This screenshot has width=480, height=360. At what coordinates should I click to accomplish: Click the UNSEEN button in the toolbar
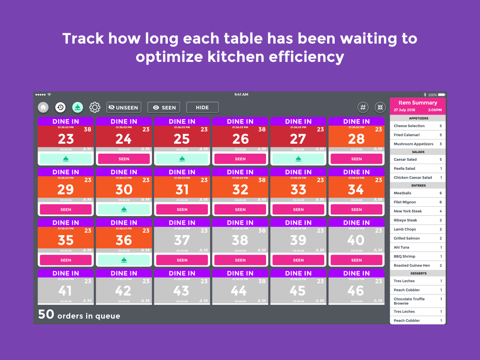click(124, 107)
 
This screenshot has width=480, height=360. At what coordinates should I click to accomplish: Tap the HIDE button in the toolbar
click(202, 107)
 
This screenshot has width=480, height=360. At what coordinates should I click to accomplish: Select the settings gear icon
click(95, 107)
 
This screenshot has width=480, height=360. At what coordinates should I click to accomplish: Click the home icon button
click(43, 107)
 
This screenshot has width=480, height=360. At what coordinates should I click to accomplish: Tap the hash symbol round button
click(363, 107)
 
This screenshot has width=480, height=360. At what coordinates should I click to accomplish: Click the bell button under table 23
click(66, 159)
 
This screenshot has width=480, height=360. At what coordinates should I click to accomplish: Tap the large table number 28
click(356, 139)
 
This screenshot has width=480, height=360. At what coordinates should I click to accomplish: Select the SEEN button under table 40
click(356, 260)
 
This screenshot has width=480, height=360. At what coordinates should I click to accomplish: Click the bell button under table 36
click(124, 260)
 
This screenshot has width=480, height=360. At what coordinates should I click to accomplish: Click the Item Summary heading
click(418, 103)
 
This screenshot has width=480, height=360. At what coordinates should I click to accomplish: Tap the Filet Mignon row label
click(405, 202)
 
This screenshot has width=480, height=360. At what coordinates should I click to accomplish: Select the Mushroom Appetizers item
click(413, 144)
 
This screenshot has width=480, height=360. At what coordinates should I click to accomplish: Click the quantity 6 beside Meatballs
click(441, 193)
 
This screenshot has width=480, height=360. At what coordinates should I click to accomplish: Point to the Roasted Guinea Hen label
click(412, 265)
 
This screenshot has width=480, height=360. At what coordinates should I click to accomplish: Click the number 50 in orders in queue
click(46, 315)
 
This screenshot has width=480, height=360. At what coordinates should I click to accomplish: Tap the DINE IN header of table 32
click(240, 172)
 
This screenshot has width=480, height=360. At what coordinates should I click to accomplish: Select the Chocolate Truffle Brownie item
click(409, 301)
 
